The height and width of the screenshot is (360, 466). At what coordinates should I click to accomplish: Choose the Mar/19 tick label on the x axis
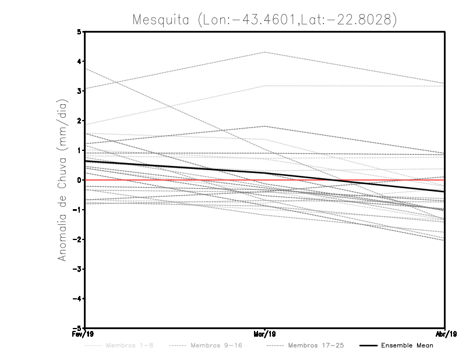[265, 334]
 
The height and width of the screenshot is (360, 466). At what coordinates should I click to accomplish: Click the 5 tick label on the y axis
[80, 31]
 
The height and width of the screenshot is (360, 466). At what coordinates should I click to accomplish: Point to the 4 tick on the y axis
[80, 61]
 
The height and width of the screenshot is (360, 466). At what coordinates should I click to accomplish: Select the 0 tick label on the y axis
[80, 180]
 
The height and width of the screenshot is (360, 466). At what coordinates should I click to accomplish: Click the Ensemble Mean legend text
[407, 345]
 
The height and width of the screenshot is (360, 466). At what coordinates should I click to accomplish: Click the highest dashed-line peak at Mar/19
[265, 52]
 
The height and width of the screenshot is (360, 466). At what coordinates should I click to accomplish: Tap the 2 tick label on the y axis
[80, 121]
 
